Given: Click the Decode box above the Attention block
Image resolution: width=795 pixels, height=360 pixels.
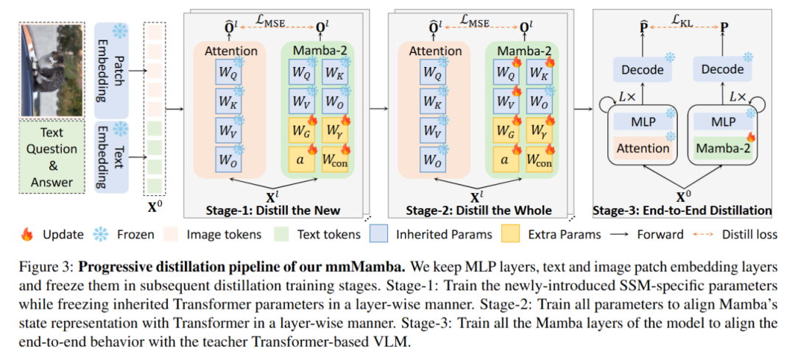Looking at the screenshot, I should click(x=642, y=69).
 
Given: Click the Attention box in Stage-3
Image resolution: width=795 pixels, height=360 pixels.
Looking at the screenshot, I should click(x=643, y=147).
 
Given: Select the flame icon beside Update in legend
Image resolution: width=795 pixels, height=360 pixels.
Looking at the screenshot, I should click(x=28, y=234).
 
